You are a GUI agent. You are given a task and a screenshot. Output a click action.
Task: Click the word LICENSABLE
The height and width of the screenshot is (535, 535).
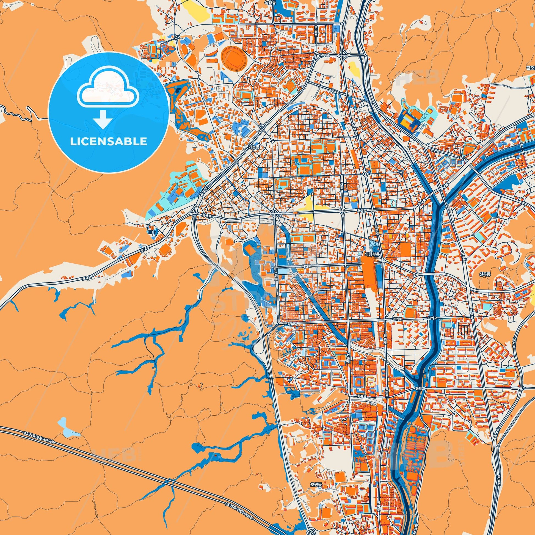[108, 142]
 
